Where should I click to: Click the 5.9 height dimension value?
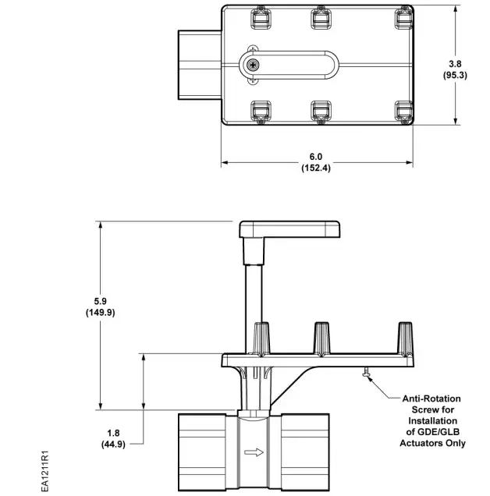(100, 300)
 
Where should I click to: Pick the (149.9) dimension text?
(100, 312)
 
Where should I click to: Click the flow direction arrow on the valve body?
(254, 451)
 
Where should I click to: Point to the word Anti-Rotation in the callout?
(432, 397)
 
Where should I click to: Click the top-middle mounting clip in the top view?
(321, 18)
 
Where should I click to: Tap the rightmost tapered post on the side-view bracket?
(404, 338)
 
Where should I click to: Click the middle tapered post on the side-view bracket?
(321, 338)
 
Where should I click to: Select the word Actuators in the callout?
(422, 444)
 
